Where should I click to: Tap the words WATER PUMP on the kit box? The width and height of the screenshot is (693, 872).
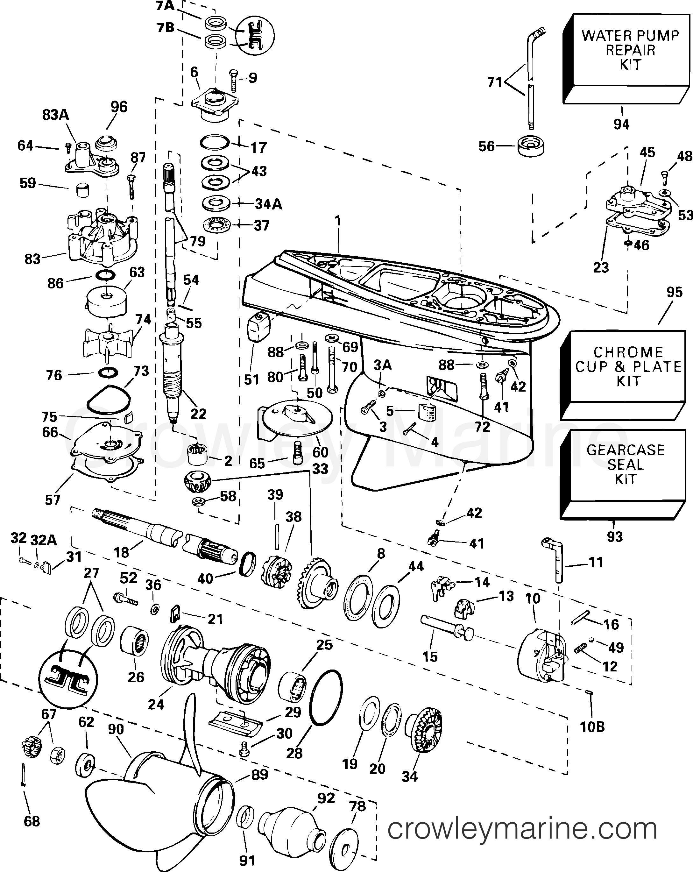[630, 36]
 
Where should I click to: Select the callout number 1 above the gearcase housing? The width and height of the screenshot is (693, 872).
[338, 221]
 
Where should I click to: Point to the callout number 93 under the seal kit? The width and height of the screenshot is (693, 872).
[615, 537]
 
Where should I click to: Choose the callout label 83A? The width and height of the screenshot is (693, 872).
[55, 115]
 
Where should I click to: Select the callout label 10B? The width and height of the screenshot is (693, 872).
[592, 727]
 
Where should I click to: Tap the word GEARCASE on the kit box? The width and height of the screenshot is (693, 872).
[626, 450]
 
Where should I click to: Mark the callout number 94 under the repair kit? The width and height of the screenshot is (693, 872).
[621, 124]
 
